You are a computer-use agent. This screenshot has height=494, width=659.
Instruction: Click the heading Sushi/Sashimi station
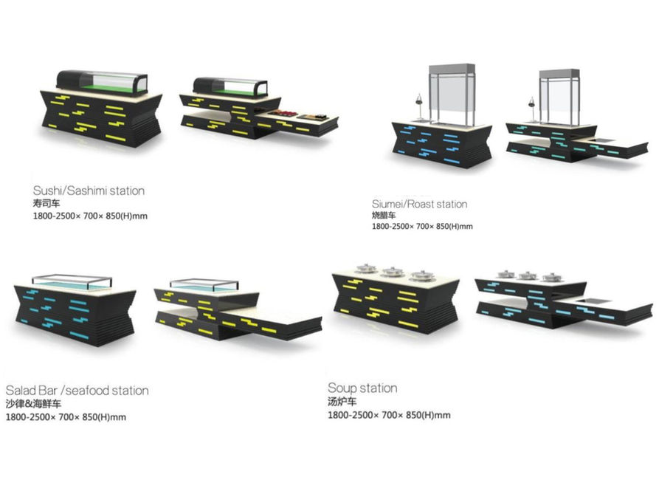coord(89,191)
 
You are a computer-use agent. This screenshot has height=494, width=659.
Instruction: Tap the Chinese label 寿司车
coord(46,203)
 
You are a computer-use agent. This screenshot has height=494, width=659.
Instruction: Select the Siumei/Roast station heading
coord(419,204)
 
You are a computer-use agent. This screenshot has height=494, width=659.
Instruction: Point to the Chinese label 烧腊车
coord(384,215)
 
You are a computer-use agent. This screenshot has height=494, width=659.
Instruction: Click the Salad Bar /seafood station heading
coord(77,391)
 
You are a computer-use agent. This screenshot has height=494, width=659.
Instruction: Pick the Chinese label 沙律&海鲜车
coord(35,403)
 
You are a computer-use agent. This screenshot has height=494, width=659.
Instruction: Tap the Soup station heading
coord(362,388)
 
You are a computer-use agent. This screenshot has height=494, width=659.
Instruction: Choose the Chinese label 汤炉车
coord(342,402)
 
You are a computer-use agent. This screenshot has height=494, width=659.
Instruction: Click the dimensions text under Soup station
coord(389,415)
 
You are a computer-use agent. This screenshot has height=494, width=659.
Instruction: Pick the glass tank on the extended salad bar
coord(201,285)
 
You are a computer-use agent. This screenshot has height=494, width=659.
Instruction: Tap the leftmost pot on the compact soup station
coord(366,270)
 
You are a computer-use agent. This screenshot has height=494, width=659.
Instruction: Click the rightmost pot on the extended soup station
coord(550,277)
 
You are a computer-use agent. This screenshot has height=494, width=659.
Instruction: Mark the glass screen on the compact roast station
coord(452,95)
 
